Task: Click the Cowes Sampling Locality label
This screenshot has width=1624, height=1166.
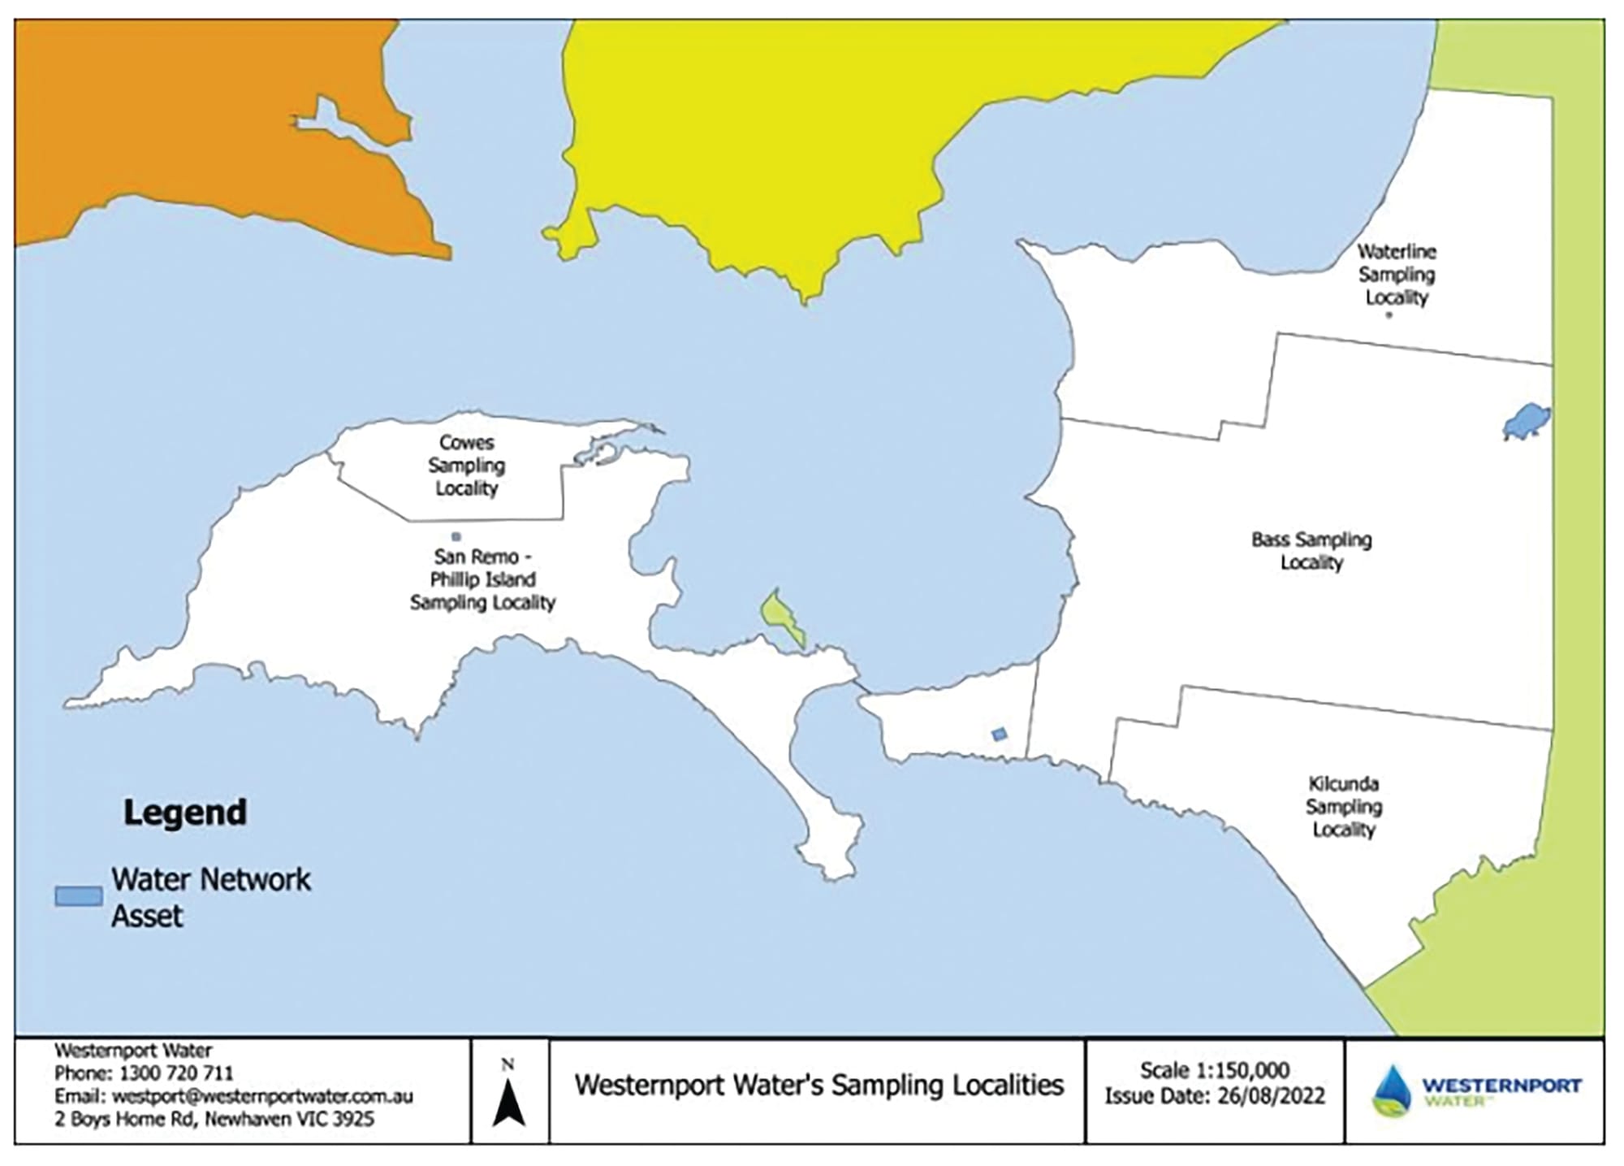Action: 466,466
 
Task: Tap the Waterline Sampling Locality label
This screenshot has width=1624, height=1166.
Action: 1396,275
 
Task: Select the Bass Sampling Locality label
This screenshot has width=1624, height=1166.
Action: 1311,551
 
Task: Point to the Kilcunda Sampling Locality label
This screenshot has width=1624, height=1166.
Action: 1343,807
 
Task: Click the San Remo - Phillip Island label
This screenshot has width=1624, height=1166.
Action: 482,579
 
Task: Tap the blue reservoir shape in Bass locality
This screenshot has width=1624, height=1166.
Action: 1525,421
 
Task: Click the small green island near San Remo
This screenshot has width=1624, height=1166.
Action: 780,617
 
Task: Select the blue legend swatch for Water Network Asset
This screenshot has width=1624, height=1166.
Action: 79,896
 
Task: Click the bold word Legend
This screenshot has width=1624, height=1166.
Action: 185,813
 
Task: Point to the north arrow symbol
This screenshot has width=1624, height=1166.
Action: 509,1102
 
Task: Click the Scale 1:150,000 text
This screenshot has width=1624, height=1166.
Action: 1214,1070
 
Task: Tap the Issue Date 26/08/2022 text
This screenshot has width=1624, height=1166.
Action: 1214,1096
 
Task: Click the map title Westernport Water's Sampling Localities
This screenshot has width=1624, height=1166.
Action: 818,1086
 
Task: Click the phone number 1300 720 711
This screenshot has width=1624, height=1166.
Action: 175,1073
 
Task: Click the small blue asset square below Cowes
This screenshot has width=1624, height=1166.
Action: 456,537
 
